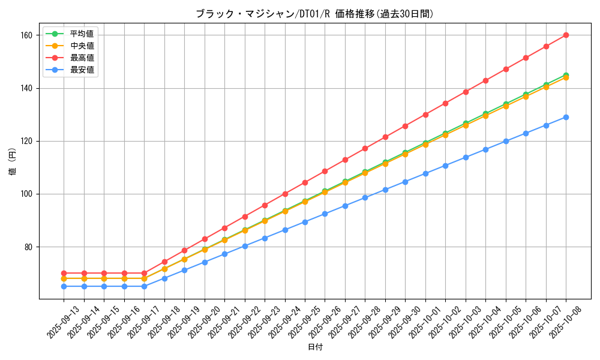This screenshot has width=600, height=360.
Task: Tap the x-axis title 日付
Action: [315, 347]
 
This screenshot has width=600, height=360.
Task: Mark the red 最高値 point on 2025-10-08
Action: [566, 35]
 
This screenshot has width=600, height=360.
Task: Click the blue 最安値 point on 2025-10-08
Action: [566, 117]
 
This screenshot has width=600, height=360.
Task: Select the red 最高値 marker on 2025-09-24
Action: [285, 194]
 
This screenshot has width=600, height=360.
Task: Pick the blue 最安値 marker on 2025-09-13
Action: [64, 286]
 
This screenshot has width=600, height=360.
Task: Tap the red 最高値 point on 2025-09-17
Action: [144, 273]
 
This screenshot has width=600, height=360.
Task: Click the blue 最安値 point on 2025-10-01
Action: [425, 173]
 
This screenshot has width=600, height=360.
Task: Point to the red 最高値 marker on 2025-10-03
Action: [466, 92]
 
